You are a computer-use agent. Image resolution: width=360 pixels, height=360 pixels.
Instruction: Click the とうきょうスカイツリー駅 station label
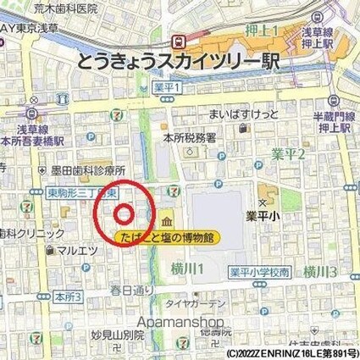coord(175,61)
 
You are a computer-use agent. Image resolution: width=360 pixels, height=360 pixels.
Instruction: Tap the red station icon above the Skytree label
coord(179,40)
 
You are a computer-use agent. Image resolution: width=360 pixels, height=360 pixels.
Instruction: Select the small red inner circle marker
coord(124,213)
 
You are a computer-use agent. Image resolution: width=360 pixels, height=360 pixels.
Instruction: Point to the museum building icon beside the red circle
coord(163,217)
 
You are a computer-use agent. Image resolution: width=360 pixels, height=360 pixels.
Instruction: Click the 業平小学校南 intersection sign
coord(260,272)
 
